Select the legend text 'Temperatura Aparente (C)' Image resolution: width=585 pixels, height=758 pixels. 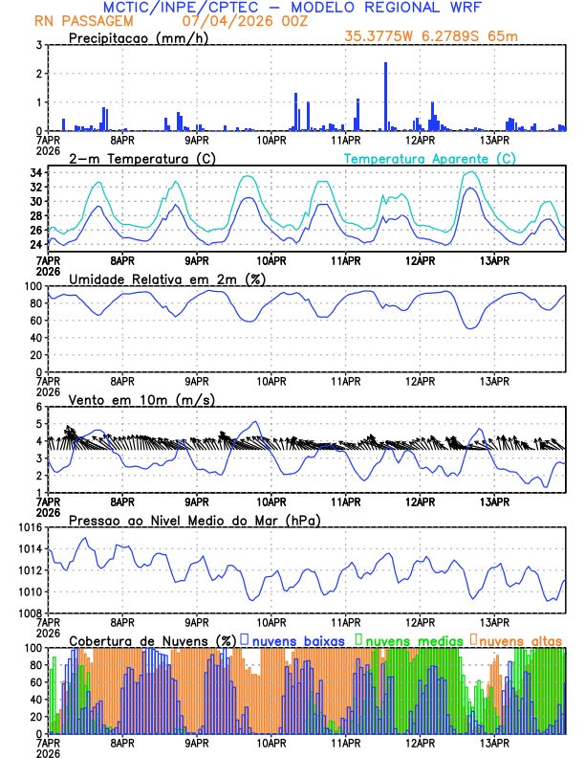(x=430, y=158)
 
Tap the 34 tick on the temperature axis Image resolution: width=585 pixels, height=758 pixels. (x=33, y=173)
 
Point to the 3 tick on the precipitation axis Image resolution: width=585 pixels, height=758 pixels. (x=37, y=45)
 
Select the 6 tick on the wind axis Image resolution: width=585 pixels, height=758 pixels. (x=37, y=407)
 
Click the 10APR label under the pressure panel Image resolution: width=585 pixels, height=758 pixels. (x=271, y=621)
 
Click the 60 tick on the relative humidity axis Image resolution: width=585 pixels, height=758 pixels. (x=33, y=321)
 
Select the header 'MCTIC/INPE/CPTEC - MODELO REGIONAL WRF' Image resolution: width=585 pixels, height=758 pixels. (x=292, y=7)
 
